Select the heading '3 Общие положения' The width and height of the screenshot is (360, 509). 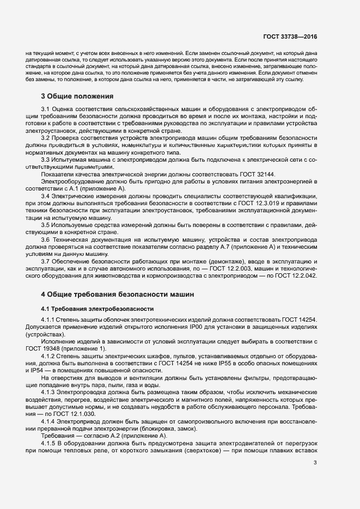[77, 96]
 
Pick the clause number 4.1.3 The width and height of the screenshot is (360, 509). [49, 393]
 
